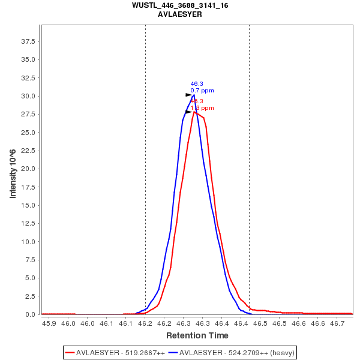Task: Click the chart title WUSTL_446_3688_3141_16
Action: [x=180, y=5]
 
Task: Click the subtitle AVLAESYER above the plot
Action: [x=180, y=14]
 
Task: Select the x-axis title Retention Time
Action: [x=197, y=335]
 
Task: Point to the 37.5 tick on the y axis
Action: [x=28, y=41]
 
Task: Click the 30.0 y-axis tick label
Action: [x=28, y=96]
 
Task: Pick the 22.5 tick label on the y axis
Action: [x=28, y=151]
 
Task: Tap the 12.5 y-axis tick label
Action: [x=28, y=223]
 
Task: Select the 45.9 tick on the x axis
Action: [x=50, y=323]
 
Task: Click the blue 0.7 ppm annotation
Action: [x=202, y=91]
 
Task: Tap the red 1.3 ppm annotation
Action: [x=202, y=108]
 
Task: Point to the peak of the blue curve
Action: [x=194, y=95]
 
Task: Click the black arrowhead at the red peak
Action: [x=188, y=112]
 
